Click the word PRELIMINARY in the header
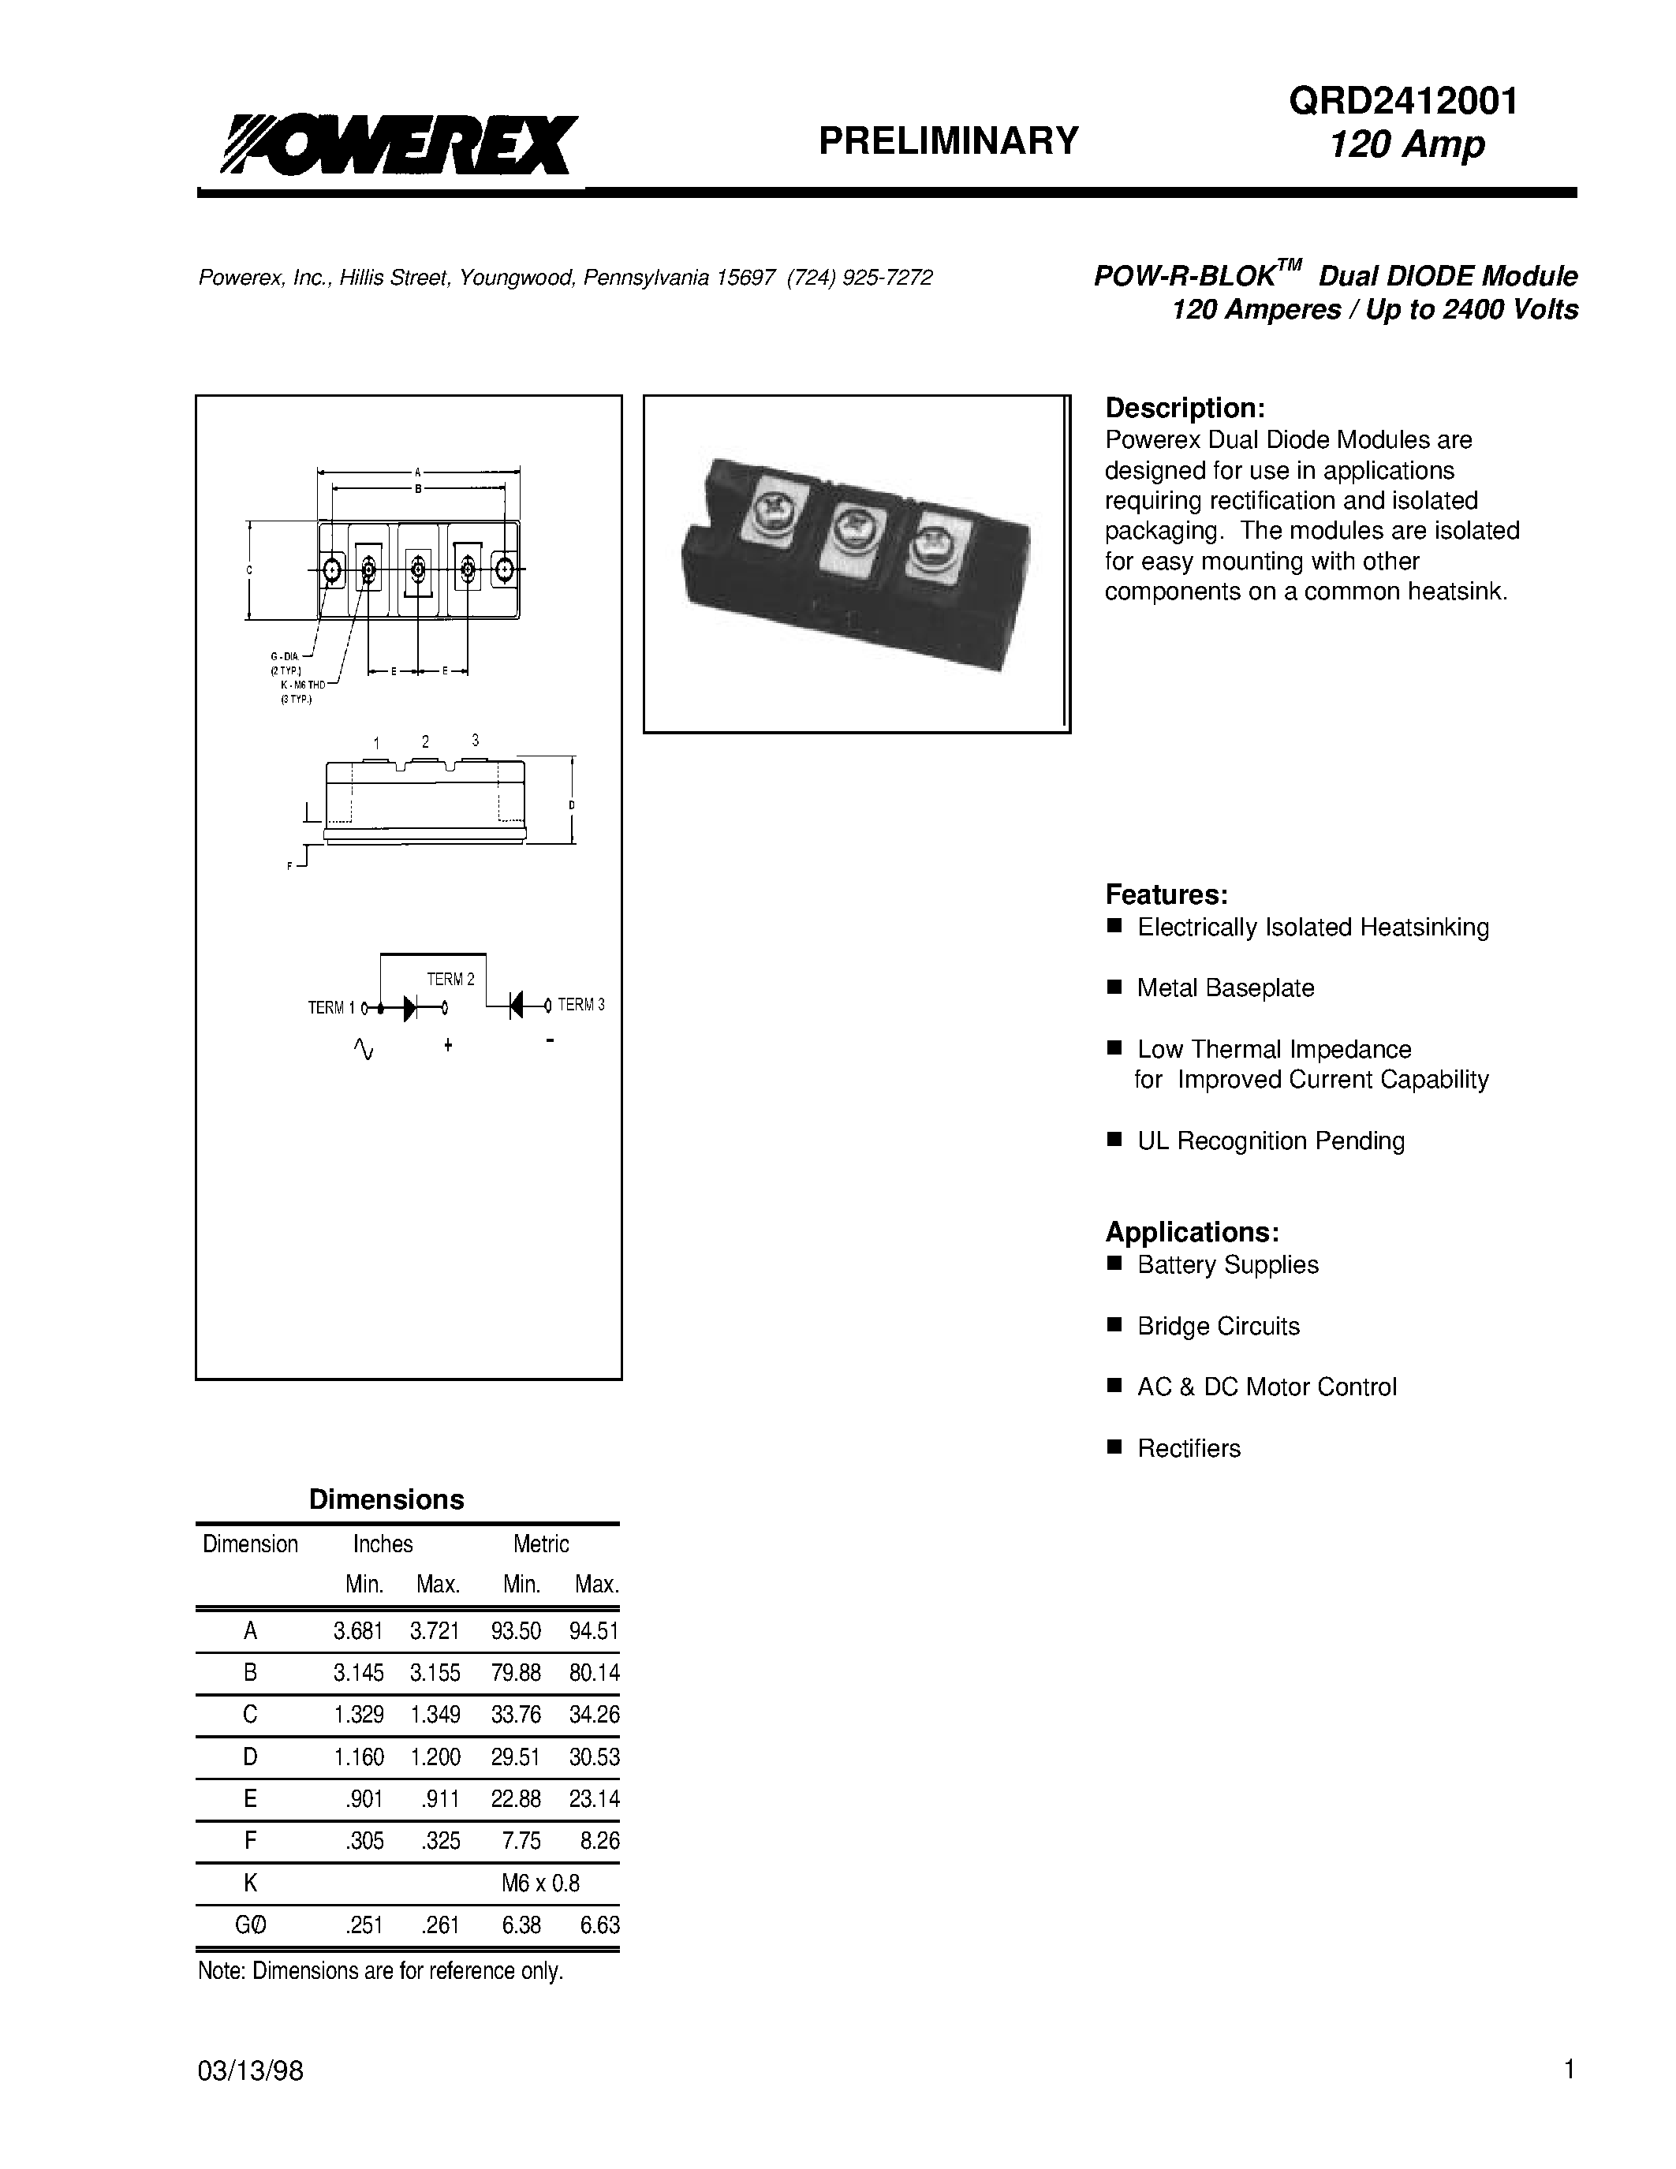(x=947, y=141)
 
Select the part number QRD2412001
(x=1404, y=101)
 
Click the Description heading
(x=1185, y=409)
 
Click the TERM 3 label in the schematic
(x=580, y=1005)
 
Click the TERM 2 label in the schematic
(x=451, y=980)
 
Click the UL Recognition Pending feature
(x=1270, y=1141)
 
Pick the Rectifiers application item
(x=1189, y=1449)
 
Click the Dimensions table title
(x=386, y=1499)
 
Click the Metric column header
(x=541, y=1544)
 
